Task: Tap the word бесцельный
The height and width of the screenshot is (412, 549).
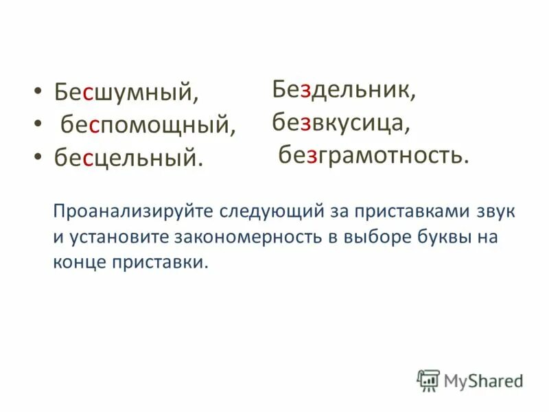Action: [x=129, y=157]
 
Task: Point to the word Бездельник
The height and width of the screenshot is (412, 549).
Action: [x=343, y=89]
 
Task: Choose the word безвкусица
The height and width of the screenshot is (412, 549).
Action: [x=341, y=122]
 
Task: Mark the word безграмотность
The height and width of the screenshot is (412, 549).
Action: [x=373, y=156]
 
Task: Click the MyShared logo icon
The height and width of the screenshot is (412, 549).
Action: [x=428, y=380]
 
